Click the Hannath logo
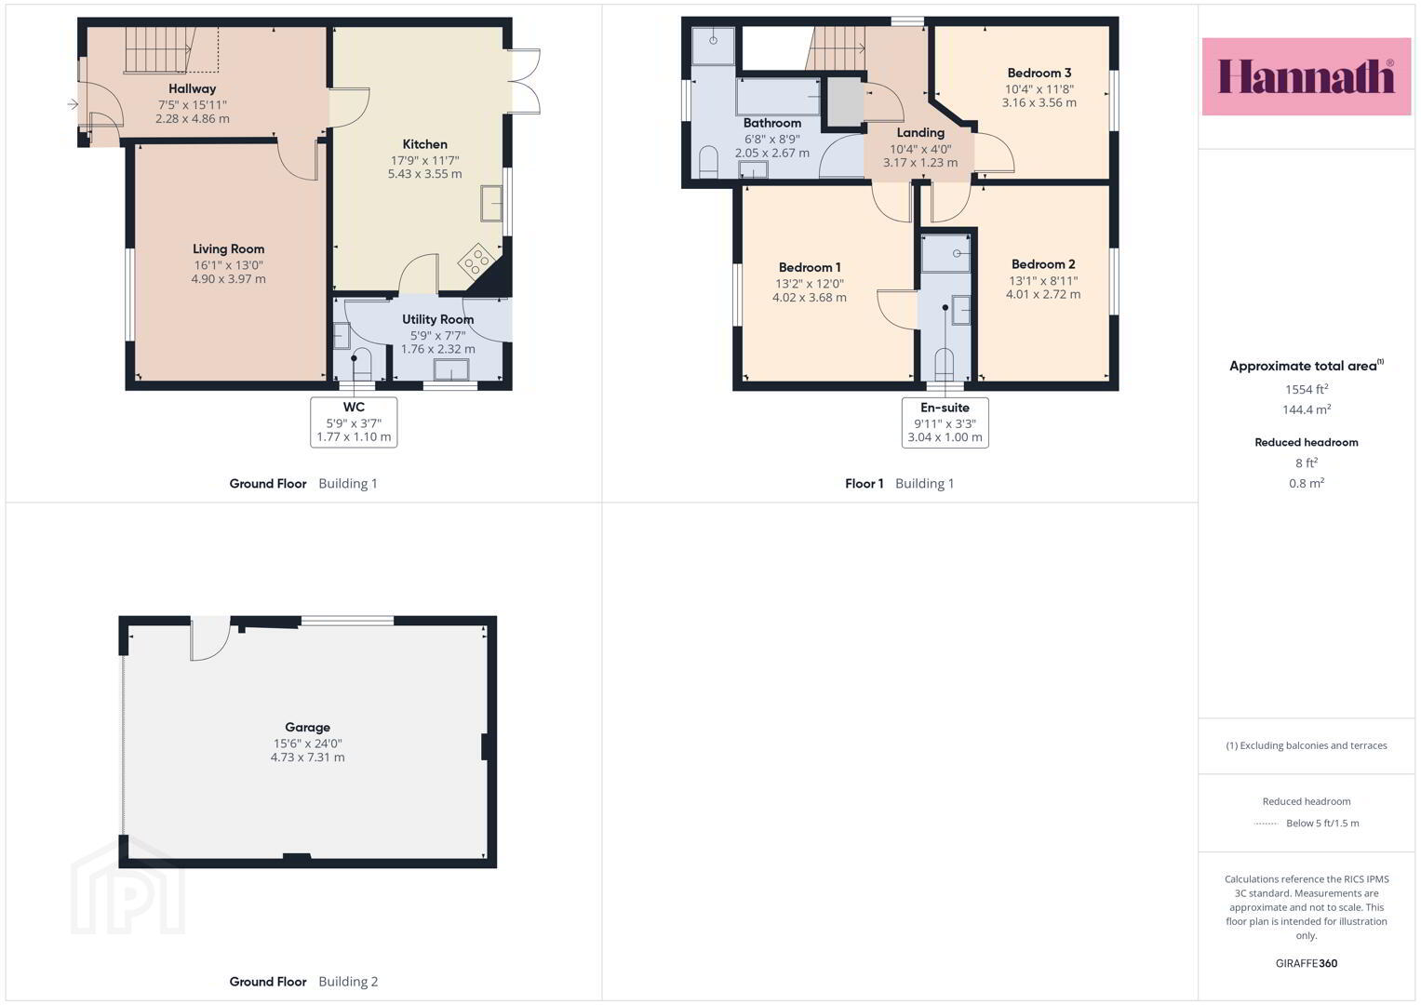pyautogui.click(x=1306, y=76)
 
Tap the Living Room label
pyautogui.click(x=228, y=249)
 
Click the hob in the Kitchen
pyautogui.click(x=476, y=261)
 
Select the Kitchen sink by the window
pyautogui.click(x=491, y=203)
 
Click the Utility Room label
pyautogui.click(x=437, y=319)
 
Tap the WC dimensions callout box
pyautogui.click(x=354, y=422)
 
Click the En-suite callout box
pyautogui.click(x=945, y=422)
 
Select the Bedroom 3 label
pyautogui.click(x=1039, y=73)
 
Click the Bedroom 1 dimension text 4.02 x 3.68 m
pyautogui.click(x=810, y=298)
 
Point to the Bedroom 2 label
pyautogui.click(x=1043, y=264)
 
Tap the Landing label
pyautogui.click(x=920, y=132)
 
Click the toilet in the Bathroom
pyautogui.click(x=708, y=162)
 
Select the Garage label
pyautogui.click(x=308, y=727)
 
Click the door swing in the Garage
pyautogui.click(x=210, y=639)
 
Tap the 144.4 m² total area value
pyautogui.click(x=1307, y=409)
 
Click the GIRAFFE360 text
pyautogui.click(x=1307, y=963)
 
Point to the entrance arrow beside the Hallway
pyautogui.click(x=73, y=104)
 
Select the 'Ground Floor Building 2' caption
pyautogui.click(x=304, y=982)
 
